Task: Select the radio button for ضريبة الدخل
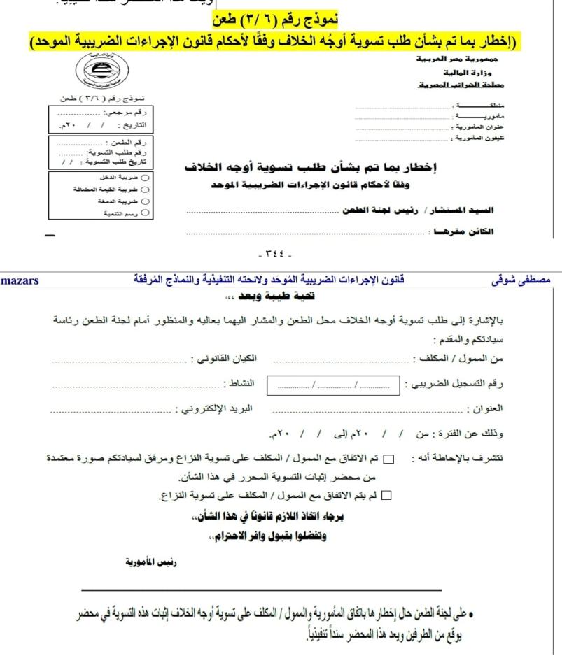[145, 178]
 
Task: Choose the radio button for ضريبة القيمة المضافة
[145, 189]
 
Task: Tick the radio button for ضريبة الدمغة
[145, 200]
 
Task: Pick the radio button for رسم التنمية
[145, 210]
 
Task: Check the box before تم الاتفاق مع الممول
[389, 458]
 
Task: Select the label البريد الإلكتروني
[213, 408]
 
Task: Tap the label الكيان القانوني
[225, 359]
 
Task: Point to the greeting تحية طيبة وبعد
[280, 297]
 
